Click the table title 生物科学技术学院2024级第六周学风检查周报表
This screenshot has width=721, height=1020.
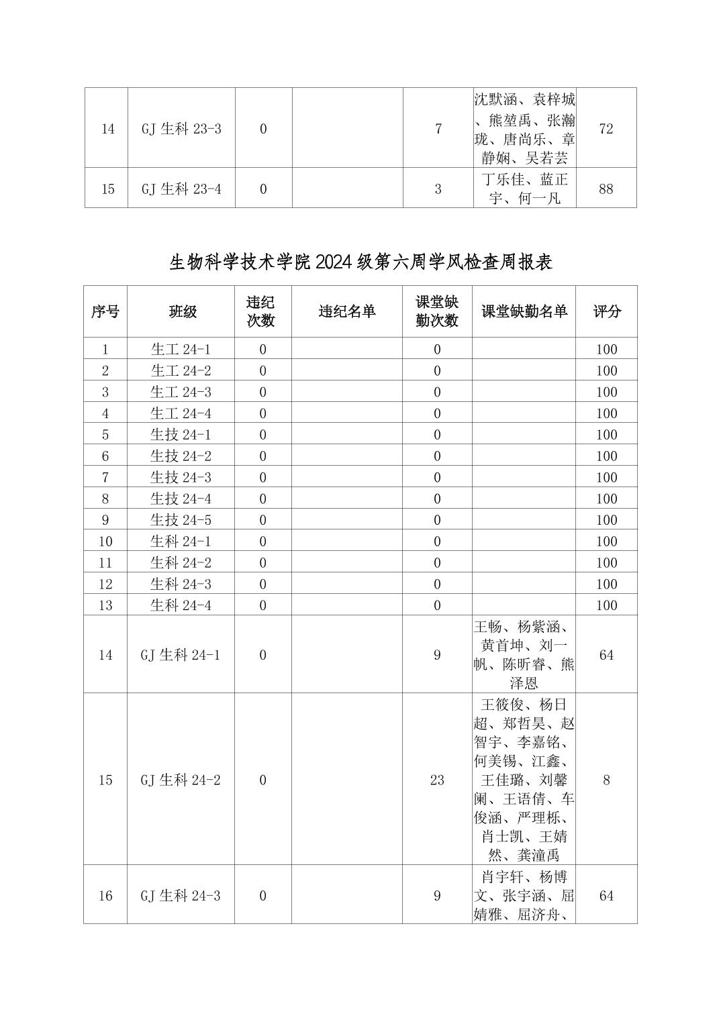tap(360, 262)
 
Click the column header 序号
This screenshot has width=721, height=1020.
tap(105, 311)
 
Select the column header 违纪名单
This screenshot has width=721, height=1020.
tap(347, 311)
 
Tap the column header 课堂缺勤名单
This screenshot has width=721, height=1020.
tap(524, 311)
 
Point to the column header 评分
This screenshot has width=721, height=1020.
tap(606, 311)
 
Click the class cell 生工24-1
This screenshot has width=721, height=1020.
tap(181, 349)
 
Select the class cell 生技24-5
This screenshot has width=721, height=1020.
tap(181, 520)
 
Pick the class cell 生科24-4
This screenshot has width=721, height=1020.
tap(181, 605)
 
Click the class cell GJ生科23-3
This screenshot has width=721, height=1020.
tap(181, 129)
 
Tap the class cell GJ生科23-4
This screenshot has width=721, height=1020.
tap(181, 189)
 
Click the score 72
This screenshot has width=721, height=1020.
tap(606, 129)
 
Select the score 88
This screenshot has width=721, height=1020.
tap(606, 189)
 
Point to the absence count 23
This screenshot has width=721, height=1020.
tap(437, 780)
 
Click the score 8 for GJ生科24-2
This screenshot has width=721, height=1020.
tap(606, 780)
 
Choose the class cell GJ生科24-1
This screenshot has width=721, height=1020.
tap(181, 655)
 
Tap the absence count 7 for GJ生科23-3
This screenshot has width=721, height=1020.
tap(438, 129)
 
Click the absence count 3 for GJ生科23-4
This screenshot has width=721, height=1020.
tap(438, 189)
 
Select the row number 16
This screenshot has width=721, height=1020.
tap(105, 896)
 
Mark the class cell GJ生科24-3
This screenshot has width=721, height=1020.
tap(181, 896)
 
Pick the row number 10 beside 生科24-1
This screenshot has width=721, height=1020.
tap(105, 542)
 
